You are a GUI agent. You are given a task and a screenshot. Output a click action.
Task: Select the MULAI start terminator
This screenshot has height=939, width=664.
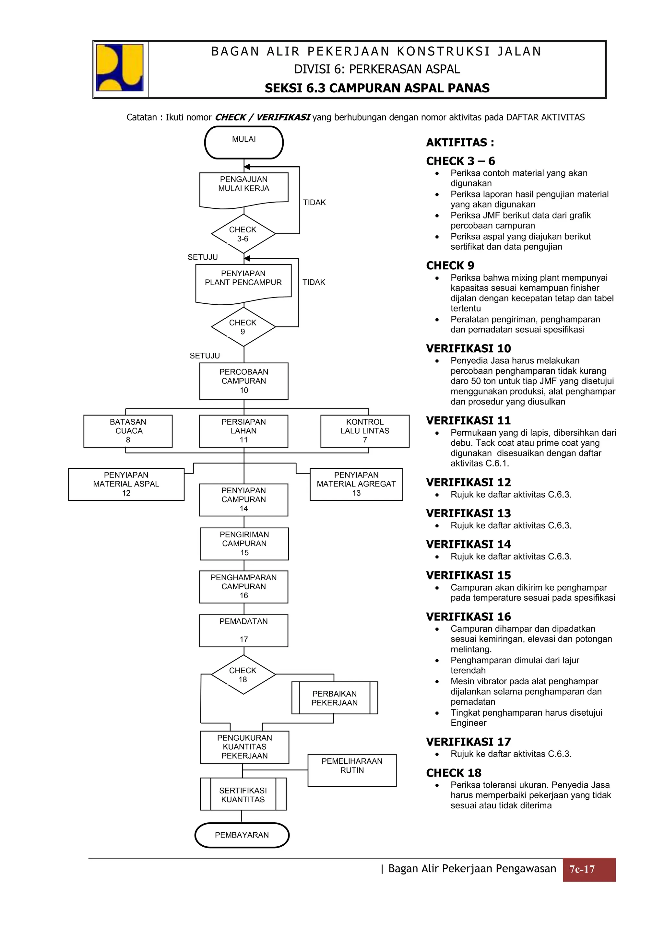point(244,142)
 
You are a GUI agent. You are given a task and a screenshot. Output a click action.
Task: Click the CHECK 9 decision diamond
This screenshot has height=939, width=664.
point(243,327)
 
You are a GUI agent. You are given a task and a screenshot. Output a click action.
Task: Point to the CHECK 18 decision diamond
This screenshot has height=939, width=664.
point(243,675)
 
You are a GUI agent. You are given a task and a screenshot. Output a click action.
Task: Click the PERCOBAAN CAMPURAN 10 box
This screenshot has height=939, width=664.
point(244,381)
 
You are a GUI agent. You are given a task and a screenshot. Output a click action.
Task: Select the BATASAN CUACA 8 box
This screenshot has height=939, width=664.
point(128,431)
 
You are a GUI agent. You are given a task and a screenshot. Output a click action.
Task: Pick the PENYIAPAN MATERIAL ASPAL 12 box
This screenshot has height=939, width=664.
point(126,484)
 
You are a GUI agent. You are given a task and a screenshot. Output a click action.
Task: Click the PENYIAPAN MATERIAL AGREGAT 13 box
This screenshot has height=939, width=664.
point(356,484)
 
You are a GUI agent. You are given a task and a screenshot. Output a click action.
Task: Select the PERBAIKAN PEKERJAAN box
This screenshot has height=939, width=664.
point(335,698)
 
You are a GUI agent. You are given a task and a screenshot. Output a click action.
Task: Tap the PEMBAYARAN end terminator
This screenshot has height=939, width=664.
point(242,835)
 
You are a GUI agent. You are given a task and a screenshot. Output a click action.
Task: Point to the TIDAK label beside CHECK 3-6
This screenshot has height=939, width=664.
point(314,203)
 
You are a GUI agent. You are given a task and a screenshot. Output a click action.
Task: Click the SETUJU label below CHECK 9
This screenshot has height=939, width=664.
point(205,356)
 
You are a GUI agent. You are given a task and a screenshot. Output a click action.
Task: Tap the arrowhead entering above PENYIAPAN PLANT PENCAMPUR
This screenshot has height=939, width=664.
point(247,258)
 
